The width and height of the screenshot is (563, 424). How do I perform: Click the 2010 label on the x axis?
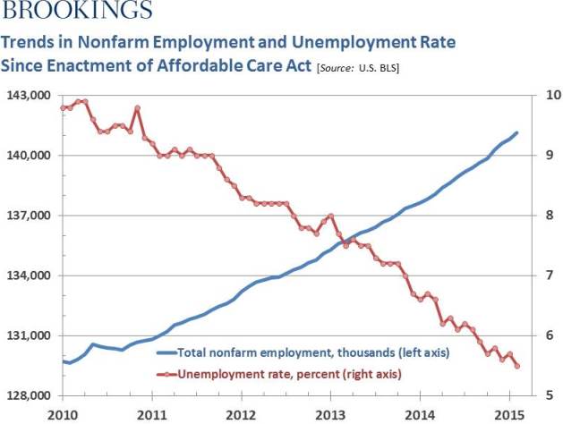point(62,414)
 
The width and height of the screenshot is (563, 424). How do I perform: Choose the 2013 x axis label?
point(330,414)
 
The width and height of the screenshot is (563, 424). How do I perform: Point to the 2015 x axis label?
point(508,414)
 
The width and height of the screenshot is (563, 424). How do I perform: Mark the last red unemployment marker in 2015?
point(516,365)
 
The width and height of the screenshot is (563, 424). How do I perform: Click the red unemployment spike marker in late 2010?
point(138,108)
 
